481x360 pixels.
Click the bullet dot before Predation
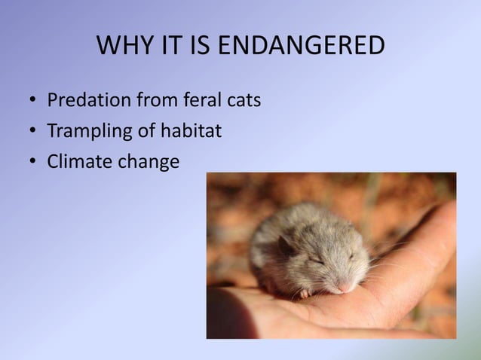tap(33, 101)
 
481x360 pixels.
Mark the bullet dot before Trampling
tap(33, 132)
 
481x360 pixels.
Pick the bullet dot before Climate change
tap(33, 162)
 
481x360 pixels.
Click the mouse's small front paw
tap(305, 292)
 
